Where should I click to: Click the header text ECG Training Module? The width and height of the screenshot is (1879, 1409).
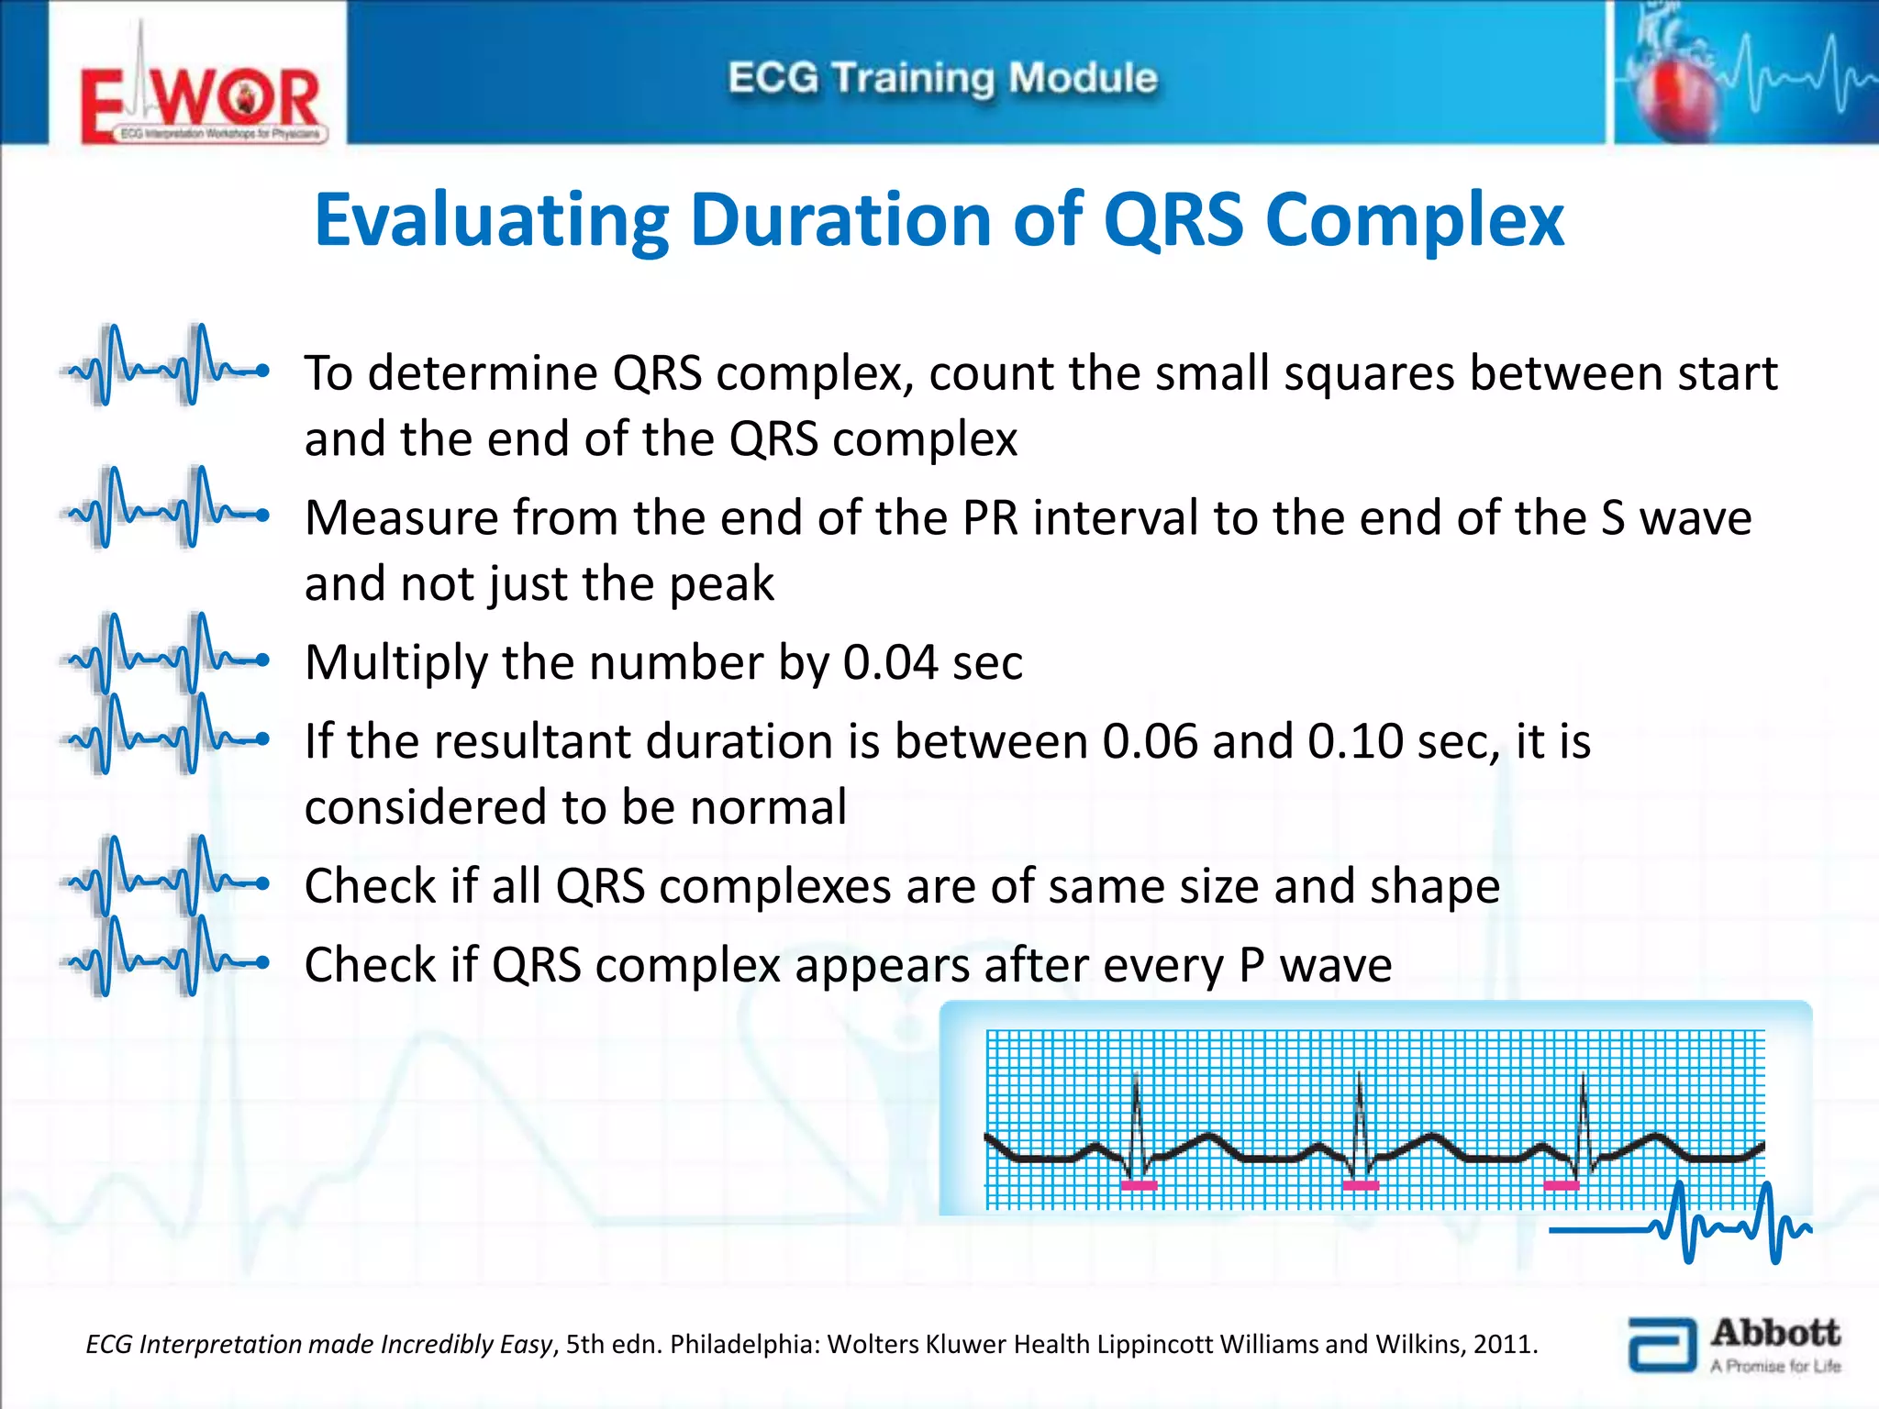pos(942,78)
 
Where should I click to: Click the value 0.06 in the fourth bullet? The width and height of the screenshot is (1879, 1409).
pos(1150,741)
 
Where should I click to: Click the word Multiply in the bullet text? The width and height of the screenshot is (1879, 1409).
pos(395,662)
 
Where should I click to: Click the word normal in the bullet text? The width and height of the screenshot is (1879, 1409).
pos(768,808)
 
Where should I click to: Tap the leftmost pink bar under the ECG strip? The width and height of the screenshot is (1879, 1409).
pos(1139,1186)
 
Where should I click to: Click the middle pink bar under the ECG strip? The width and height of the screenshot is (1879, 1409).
pos(1361,1186)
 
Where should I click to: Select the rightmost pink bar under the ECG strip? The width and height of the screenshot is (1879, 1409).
pos(1562,1186)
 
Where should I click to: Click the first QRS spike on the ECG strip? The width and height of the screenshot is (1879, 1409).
pos(1136,1115)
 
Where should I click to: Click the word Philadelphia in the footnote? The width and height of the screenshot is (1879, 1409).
pos(744,1345)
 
